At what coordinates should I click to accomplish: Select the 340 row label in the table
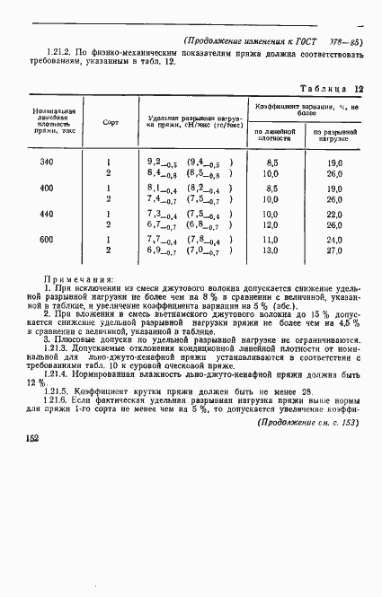[47, 162]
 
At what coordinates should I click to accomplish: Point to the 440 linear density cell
[47, 215]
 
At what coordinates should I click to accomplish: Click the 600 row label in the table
[47, 241]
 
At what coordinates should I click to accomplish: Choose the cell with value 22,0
[335, 215]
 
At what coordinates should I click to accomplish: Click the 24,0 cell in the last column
[335, 241]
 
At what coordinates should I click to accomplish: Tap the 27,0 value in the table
[335, 250]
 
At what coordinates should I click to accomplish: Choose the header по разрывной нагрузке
[333, 135]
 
